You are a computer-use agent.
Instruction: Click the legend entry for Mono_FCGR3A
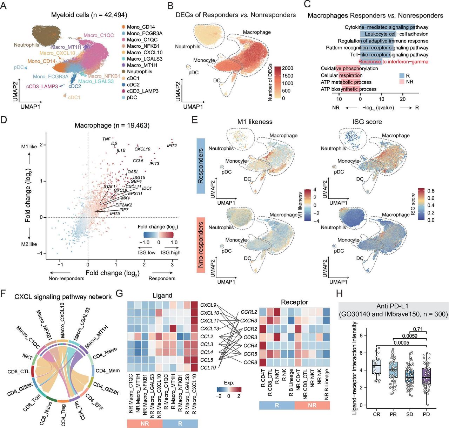pyautogui.click(x=145, y=33)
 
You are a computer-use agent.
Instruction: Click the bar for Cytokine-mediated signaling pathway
pyautogui.click(x=388, y=27)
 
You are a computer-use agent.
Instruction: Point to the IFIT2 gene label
pyautogui.click(x=172, y=145)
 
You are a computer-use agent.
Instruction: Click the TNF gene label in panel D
pyautogui.click(x=106, y=139)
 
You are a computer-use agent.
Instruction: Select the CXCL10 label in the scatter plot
pyautogui.click(x=142, y=149)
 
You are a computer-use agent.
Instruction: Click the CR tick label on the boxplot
pyautogui.click(x=376, y=414)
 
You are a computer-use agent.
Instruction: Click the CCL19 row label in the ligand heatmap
pyautogui.click(x=208, y=368)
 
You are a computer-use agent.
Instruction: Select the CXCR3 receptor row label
pyautogui.click(x=249, y=320)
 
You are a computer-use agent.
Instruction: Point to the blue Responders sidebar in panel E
pyautogui.click(x=201, y=166)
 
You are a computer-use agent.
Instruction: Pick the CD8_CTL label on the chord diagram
pyautogui.click(x=19, y=372)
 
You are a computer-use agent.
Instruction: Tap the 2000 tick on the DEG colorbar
pyautogui.click(x=287, y=68)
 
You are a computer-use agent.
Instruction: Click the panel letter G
pyautogui.click(x=119, y=293)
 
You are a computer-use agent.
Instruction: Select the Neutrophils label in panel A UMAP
pyautogui.click(x=26, y=45)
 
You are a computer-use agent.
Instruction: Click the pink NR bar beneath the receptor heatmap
pyautogui.click(x=312, y=405)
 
